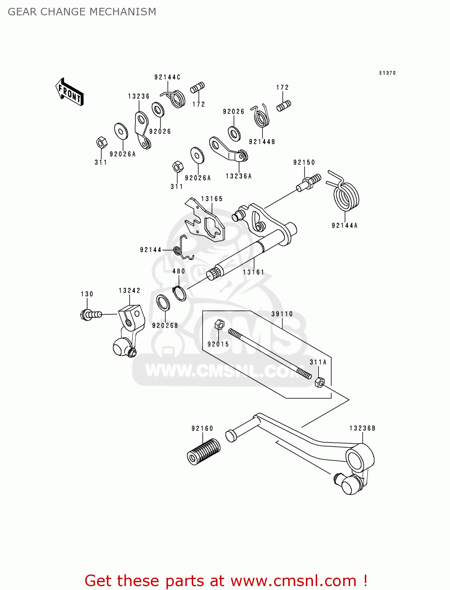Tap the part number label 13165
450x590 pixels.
tap(212, 199)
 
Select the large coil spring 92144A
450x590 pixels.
tap(346, 194)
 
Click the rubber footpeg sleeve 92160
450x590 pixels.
tap(203, 451)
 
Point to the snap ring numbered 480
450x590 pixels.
tap(179, 293)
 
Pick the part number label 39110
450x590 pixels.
tap(282, 314)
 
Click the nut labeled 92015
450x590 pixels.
tap(219, 325)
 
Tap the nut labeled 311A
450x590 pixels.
tap(320, 382)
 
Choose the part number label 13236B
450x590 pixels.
tap(362, 428)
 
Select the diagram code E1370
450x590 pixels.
tap(388, 73)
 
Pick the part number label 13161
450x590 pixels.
tap(253, 272)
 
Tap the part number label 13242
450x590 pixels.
tap(130, 291)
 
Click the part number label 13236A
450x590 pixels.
tap(239, 176)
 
